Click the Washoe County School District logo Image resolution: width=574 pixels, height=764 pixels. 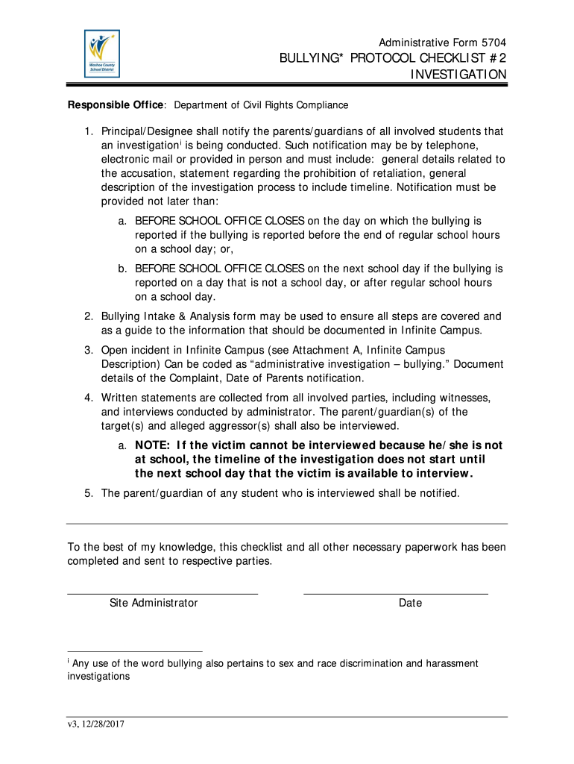point(101,54)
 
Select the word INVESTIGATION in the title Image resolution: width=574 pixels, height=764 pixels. point(459,75)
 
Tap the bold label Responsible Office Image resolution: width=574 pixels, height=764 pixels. point(116,105)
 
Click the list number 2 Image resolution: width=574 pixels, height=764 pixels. point(88,316)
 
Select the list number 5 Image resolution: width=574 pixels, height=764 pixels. point(88,493)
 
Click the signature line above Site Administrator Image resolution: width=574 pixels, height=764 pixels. point(163,593)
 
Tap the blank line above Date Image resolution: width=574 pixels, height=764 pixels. point(395,593)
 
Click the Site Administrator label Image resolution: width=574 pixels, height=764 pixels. point(154,603)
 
